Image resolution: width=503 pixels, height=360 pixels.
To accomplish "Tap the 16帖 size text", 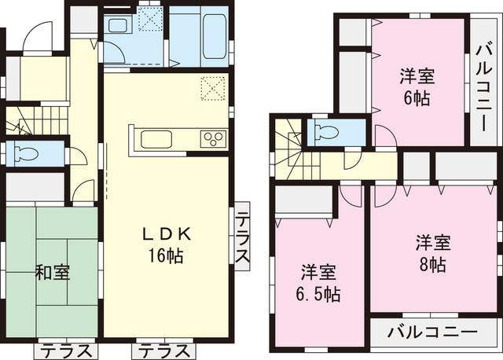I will [x=166, y=255].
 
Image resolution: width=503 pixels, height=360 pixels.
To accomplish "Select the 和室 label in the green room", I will [x=53, y=274].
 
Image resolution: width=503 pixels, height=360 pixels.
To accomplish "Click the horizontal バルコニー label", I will [x=433, y=332].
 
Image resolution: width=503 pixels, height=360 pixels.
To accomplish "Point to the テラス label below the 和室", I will [x=68, y=350].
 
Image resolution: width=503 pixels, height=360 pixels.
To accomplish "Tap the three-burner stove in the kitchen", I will [x=212, y=138].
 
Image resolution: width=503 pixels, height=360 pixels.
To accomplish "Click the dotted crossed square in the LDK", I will [x=212, y=87].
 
